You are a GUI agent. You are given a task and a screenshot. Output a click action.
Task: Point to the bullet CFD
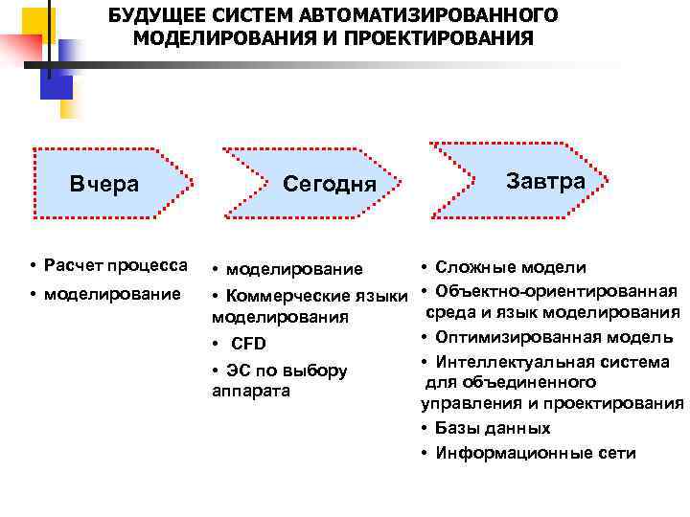tap(248, 344)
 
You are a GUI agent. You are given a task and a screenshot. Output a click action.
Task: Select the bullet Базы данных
tap(492, 428)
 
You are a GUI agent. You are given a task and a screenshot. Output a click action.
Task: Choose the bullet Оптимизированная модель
tap(553, 337)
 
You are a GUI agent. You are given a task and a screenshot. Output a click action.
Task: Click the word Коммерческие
tap(287, 293)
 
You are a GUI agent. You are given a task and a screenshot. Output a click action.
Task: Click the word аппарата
tap(250, 392)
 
